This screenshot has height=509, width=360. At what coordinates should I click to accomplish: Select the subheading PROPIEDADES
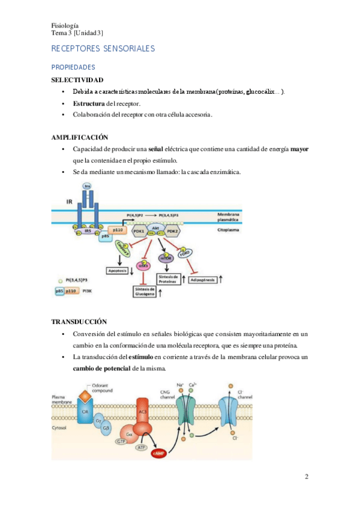point(73,67)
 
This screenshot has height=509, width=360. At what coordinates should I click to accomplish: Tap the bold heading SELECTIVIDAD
point(77,80)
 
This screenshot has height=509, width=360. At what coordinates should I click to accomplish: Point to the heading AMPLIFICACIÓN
point(80,137)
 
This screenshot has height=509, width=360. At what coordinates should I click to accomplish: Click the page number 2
point(307,477)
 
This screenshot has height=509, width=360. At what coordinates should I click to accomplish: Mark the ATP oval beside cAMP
point(142,447)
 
